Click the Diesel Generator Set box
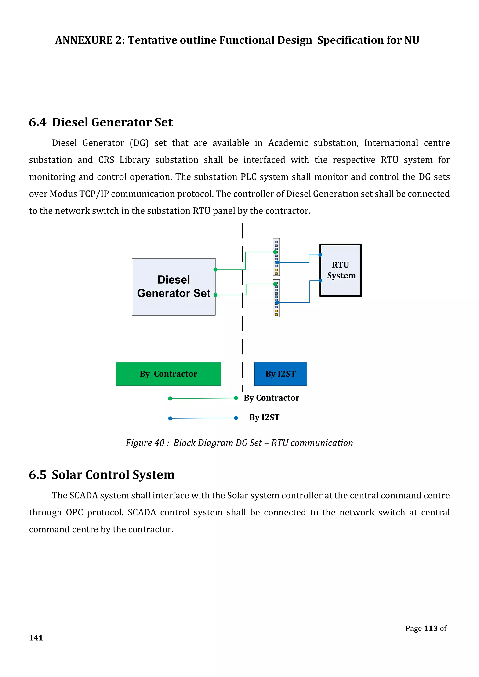pos(174,287)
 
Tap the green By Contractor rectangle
pos(168,374)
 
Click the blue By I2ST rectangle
pos(280,374)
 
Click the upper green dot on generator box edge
pos(215,270)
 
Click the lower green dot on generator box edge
pos(215,295)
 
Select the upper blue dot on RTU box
pos(320,255)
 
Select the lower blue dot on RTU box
pos(320,281)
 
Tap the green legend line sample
pos(203,398)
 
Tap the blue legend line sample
pos(203,418)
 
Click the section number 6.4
pos(37,122)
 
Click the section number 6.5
pos(37,475)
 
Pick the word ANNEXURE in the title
pos(84,40)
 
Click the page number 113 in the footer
pos(430,628)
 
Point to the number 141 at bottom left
pos(36,638)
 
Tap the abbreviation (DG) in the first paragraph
pos(139,143)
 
